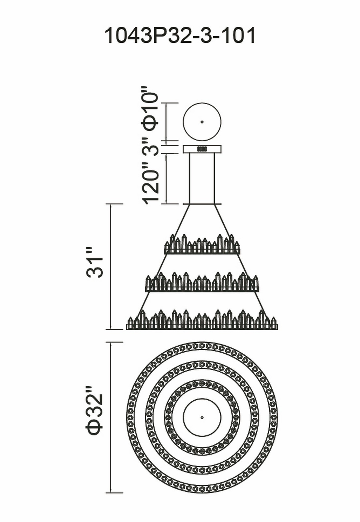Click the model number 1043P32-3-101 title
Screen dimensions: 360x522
coord(180,36)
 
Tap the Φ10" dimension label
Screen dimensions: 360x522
coord(150,108)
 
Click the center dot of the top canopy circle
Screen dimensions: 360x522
coord(202,122)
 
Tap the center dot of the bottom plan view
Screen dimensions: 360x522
coord(202,417)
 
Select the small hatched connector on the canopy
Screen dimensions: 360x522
coord(202,149)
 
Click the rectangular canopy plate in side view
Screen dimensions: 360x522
coord(189,149)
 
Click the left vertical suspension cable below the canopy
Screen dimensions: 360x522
coord(190,178)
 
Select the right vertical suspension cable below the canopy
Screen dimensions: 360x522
coord(215,178)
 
